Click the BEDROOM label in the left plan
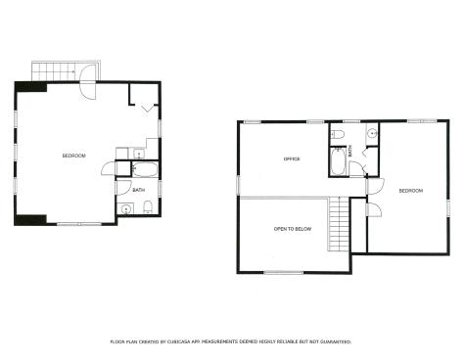(x=74, y=156)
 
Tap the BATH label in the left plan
(x=139, y=190)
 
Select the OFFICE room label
(x=291, y=158)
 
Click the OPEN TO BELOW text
(x=292, y=228)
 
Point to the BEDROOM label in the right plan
(x=410, y=191)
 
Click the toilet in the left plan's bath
(x=145, y=205)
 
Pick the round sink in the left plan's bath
(x=126, y=208)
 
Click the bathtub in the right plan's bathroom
(x=338, y=160)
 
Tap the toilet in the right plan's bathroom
(x=338, y=133)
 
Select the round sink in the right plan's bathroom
(x=371, y=134)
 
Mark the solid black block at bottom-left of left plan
(x=30, y=217)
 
